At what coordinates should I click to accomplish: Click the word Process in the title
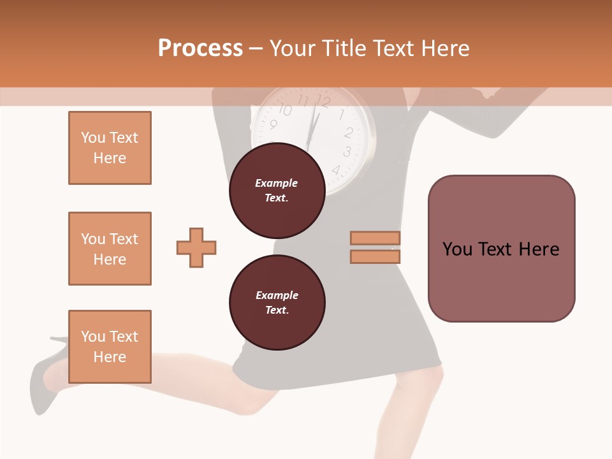click(200, 48)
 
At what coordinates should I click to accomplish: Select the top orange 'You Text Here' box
click(110, 148)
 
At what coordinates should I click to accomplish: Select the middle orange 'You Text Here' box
click(110, 249)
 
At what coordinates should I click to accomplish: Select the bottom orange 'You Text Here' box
click(110, 346)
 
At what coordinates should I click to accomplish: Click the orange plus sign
click(196, 247)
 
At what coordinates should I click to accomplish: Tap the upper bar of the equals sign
click(375, 238)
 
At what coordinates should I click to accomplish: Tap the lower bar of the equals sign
click(375, 257)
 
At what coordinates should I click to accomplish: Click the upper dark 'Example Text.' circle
click(277, 190)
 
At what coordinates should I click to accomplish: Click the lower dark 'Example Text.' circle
click(277, 302)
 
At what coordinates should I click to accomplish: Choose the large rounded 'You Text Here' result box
click(501, 249)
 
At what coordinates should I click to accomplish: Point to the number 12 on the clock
click(323, 101)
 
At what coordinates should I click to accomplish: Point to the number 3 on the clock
click(347, 152)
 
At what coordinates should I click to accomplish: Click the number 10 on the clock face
click(285, 110)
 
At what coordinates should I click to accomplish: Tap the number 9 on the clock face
click(273, 124)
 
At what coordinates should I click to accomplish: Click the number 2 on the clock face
click(349, 133)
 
